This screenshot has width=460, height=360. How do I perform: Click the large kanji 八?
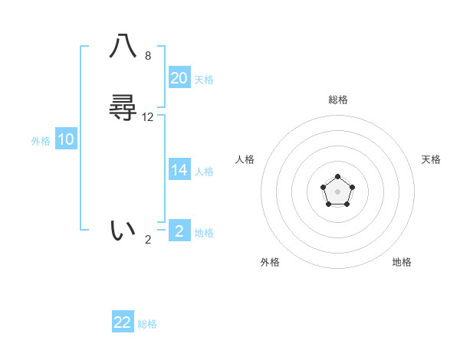point(123,47)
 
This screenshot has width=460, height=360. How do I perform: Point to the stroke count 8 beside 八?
point(148,56)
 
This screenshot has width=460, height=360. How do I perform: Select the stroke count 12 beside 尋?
point(148,117)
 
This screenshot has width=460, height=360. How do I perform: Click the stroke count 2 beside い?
point(148,240)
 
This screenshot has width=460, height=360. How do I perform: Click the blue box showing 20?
point(179,77)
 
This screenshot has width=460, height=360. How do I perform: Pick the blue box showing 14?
point(179,169)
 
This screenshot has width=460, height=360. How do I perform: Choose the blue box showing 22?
point(123,322)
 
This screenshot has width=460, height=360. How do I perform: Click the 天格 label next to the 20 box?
point(204,80)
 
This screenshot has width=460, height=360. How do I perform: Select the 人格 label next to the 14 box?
point(204,172)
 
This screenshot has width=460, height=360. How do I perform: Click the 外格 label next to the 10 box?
point(41,141)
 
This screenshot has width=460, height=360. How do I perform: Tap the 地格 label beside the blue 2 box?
point(204,233)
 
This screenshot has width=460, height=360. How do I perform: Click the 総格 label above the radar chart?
point(338,100)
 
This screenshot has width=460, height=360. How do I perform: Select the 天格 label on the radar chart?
point(432,159)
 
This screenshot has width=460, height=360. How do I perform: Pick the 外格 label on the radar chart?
point(270,262)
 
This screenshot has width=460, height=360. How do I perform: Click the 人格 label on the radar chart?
point(245,159)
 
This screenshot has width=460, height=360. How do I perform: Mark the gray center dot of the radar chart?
point(338,191)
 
